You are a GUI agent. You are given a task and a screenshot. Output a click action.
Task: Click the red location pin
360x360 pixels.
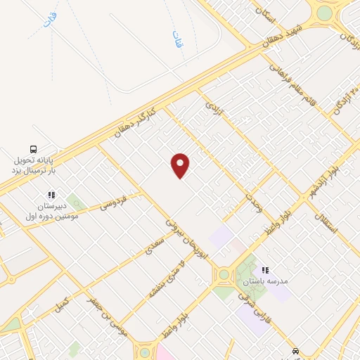(x=181, y=165)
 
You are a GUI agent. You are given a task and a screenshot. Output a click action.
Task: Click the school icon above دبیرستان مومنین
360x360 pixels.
(x=51, y=195)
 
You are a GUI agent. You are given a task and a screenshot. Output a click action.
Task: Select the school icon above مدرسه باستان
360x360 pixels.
(x=265, y=270)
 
